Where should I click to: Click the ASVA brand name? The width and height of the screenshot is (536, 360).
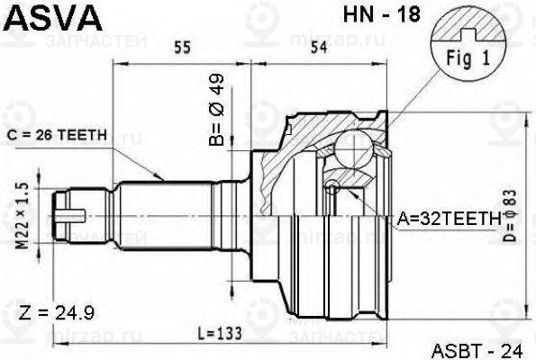[x=54, y=18]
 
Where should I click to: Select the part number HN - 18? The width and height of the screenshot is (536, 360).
[x=381, y=14]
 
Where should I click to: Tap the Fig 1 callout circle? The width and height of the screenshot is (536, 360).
[x=468, y=44]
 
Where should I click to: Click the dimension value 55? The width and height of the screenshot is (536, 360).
[x=182, y=48]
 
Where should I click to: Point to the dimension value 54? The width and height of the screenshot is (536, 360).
[x=319, y=48]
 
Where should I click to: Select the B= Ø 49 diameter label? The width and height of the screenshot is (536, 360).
[x=217, y=109]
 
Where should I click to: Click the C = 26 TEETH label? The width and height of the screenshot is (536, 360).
[x=57, y=135]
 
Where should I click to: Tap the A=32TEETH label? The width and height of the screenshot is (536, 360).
[x=449, y=219]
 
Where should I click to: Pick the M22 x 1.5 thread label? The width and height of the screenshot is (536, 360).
[x=23, y=215]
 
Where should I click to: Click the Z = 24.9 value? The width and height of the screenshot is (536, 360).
[x=57, y=312]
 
